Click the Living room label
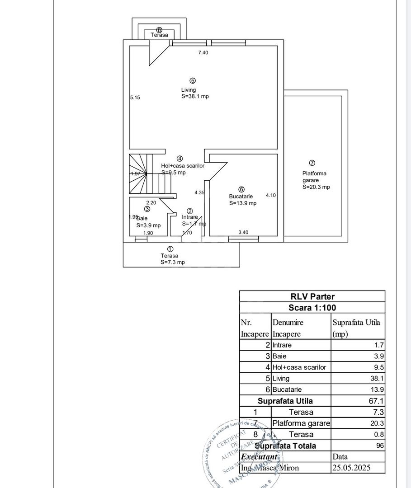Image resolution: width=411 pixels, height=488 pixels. pyautogui.click(x=189, y=89)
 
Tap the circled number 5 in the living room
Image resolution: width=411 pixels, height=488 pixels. pyautogui.click(x=193, y=81)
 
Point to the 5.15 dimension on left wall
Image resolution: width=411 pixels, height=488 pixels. pyautogui.click(x=135, y=97)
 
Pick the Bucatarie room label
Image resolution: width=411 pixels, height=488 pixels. pyautogui.click(x=241, y=197)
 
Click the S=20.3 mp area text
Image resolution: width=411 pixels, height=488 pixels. pyautogui.click(x=316, y=187)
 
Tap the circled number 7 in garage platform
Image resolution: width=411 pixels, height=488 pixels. pyautogui.click(x=312, y=163)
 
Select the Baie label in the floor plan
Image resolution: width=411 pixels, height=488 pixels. pyautogui.click(x=142, y=218)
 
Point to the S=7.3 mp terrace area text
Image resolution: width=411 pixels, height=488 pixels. pyautogui.click(x=172, y=262)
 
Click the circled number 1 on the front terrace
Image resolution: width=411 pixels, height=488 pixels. pyautogui.click(x=170, y=249)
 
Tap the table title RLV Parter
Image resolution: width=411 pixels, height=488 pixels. pyautogui.click(x=312, y=296)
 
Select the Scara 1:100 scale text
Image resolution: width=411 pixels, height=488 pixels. pyautogui.click(x=312, y=308)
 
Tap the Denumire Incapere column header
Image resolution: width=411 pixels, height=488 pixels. pyautogui.click(x=288, y=328)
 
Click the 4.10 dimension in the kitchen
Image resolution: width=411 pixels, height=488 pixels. pyautogui.click(x=271, y=195)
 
